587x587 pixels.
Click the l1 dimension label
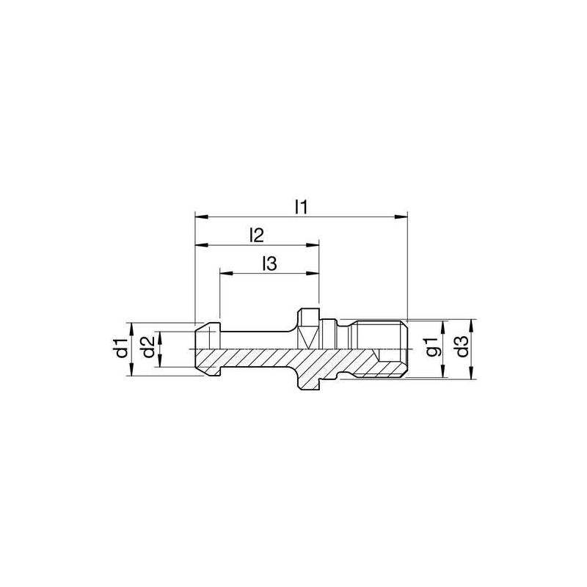[x=299, y=206]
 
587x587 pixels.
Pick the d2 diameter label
[x=147, y=348]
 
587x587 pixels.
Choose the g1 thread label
[x=433, y=348]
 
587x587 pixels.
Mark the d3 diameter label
[x=461, y=348]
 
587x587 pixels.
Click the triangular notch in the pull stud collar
[x=307, y=338]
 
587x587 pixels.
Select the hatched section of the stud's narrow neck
[x=257, y=358]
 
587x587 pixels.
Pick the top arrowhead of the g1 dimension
[x=443, y=324]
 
